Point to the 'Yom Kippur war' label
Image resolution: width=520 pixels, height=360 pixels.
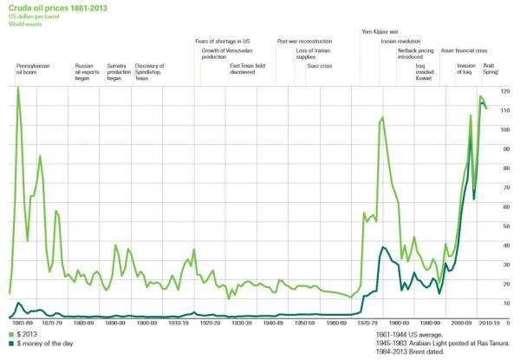[379, 31]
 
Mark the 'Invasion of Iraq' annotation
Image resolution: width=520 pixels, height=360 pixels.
[466, 69]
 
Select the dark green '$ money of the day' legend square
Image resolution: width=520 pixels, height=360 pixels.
[10, 344]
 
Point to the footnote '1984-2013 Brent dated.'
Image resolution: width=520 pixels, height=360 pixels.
[411, 353]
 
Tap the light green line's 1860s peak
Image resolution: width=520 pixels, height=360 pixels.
[17, 88]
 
